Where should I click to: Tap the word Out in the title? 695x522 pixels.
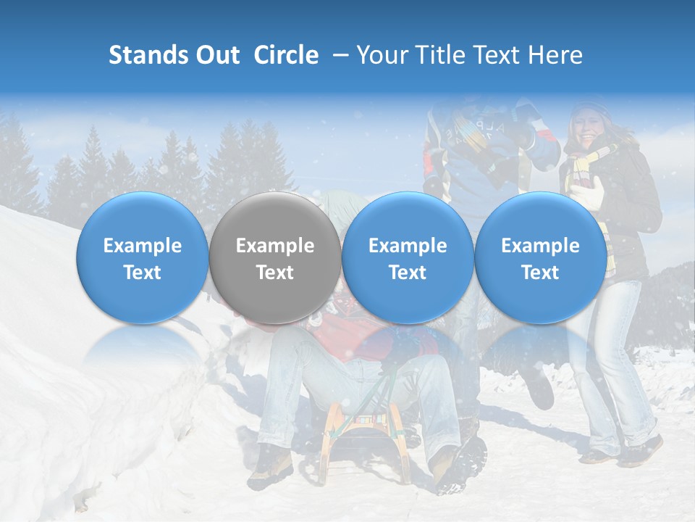click(217, 55)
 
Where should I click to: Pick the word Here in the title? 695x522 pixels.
click(557, 55)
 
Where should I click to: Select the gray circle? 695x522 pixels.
click(275, 258)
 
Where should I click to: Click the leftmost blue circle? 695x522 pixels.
click(143, 258)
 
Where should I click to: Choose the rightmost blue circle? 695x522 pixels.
click(541, 258)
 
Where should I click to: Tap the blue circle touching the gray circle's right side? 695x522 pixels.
click(408, 258)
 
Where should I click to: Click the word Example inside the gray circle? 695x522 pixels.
click(275, 246)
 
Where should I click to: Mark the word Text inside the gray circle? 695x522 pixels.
click(275, 273)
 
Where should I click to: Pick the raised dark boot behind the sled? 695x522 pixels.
click(539, 388)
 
